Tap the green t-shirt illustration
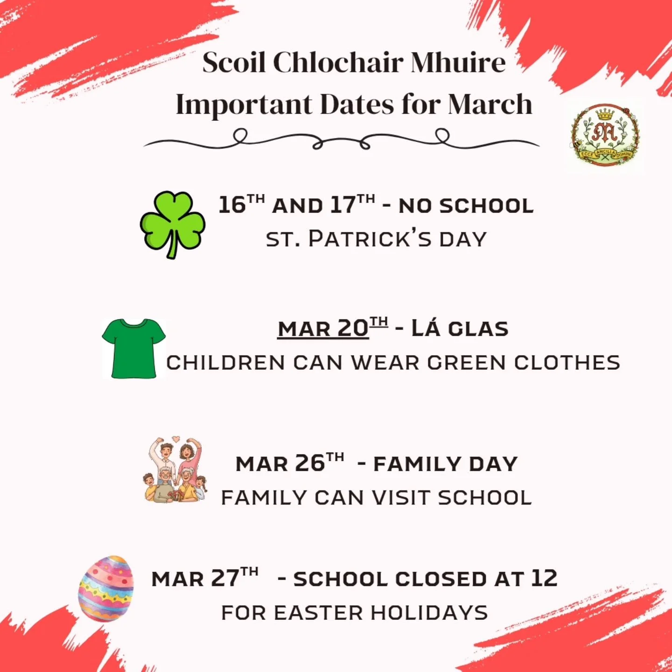pyautogui.click(x=134, y=348)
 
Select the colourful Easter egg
pyautogui.click(x=106, y=588)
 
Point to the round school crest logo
pyautogui.click(x=605, y=136)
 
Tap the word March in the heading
pyautogui.click(x=490, y=105)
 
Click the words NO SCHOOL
pyautogui.click(x=466, y=206)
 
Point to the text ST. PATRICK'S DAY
pyautogui.click(x=376, y=239)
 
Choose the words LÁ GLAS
pyautogui.click(x=460, y=329)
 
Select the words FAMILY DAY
pyautogui.click(x=445, y=464)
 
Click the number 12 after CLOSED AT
pyautogui.click(x=544, y=579)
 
